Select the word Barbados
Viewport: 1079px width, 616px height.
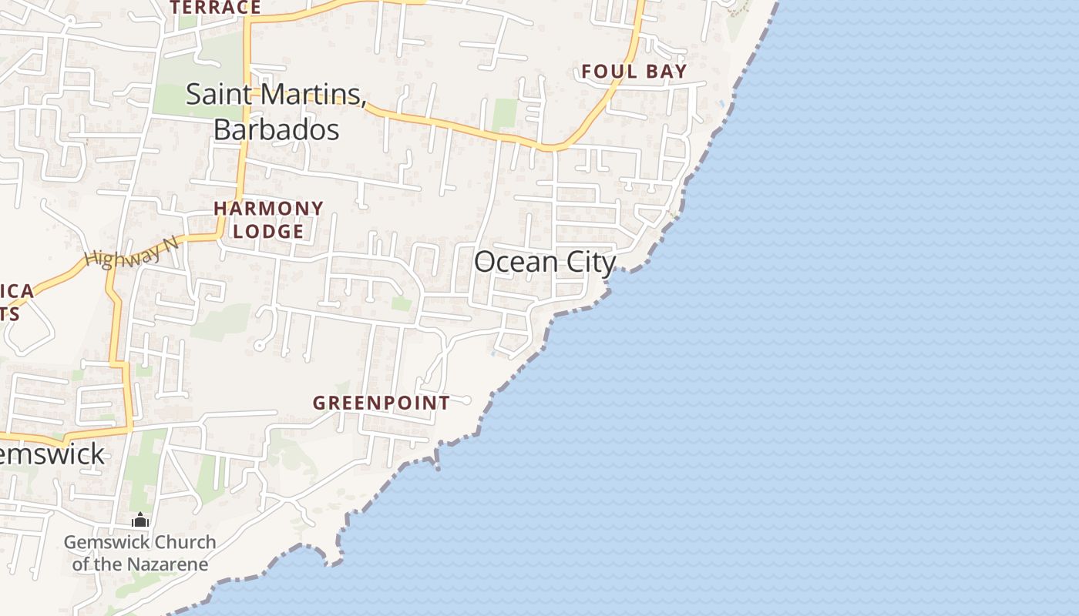coord(276,129)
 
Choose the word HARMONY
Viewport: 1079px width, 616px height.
coord(268,209)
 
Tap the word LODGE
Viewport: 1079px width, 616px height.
coord(268,231)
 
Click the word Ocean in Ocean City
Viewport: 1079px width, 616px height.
coord(516,263)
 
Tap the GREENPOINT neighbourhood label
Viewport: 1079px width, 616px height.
coord(381,403)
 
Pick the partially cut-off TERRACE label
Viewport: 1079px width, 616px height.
coord(215,8)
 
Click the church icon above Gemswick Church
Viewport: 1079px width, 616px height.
coord(139,521)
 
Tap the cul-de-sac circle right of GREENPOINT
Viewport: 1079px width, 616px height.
coord(466,400)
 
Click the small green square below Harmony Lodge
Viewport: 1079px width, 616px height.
coord(401,304)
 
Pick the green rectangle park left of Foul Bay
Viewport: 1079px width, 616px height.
coord(505,114)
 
